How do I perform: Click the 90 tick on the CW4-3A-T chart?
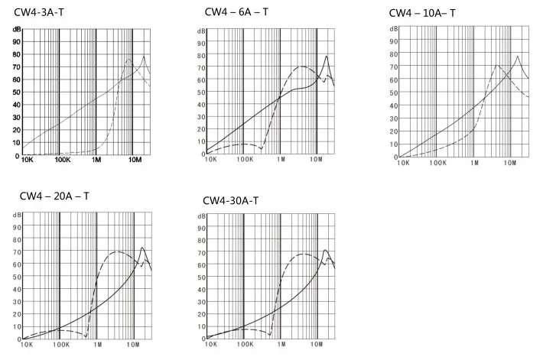[x=16, y=42]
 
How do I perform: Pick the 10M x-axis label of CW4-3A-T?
[x=135, y=161]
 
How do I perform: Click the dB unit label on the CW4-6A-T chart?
[x=201, y=31]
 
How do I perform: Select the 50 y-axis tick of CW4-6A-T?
[x=202, y=92]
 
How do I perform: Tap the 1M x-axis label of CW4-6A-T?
[x=281, y=161]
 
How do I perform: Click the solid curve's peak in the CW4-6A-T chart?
[x=327, y=56]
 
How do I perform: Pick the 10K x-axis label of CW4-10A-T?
[x=401, y=164]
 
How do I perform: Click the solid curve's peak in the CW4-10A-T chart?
[x=518, y=57]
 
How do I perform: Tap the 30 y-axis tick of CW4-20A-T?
[x=17, y=301]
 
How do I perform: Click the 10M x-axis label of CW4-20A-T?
[x=135, y=345]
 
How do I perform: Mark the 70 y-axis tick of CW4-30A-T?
[x=200, y=251]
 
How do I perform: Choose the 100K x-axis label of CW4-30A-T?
[x=244, y=345]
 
